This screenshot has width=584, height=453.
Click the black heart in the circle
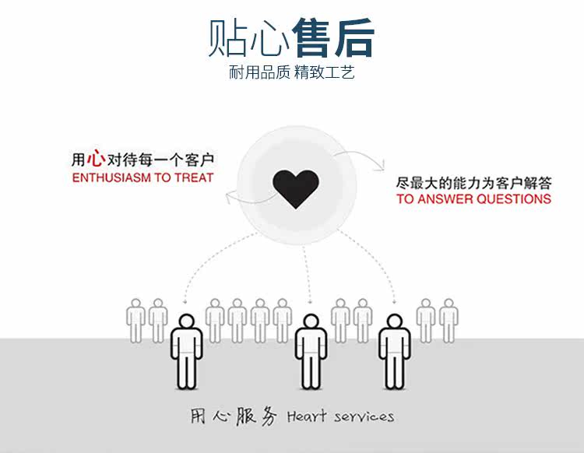[x=296, y=188]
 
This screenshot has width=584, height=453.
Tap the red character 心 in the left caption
[x=96, y=160]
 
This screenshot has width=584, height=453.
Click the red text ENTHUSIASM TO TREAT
[x=142, y=178]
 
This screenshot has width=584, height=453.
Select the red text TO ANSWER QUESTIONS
[x=473, y=199]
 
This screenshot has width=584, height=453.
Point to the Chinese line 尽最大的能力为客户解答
[x=473, y=184]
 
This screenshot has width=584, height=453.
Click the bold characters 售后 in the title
[x=333, y=37]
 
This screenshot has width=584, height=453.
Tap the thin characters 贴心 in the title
[x=249, y=37]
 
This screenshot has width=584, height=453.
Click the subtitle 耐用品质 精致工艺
[x=292, y=74]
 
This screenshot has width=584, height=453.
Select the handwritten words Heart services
[x=340, y=416]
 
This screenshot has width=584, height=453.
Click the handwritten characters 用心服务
[x=234, y=416]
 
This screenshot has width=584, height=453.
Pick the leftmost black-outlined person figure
[x=186, y=350]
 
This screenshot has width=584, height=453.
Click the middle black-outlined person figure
[x=311, y=350]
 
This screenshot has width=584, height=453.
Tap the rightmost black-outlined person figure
[x=394, y=350]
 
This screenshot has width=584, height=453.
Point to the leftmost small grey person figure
[x=136, y=320]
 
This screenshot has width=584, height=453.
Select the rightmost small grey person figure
[x=449, y=320]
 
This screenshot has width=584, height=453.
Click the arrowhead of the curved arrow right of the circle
[x=382, y=165]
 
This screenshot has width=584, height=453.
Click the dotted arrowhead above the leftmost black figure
[x=185, y=300]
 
